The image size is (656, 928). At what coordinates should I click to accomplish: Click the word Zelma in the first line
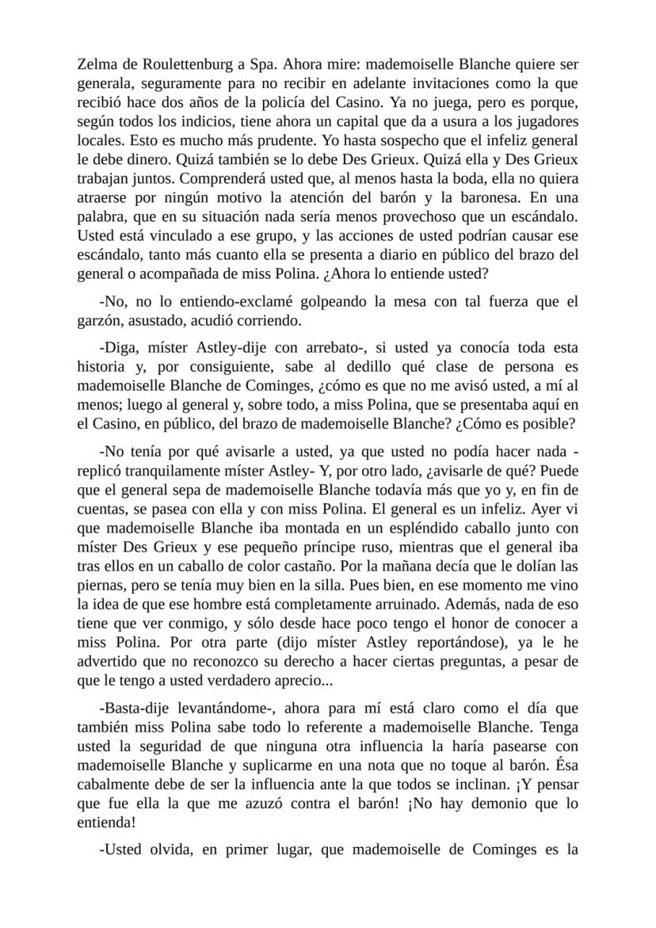coord(95,63)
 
